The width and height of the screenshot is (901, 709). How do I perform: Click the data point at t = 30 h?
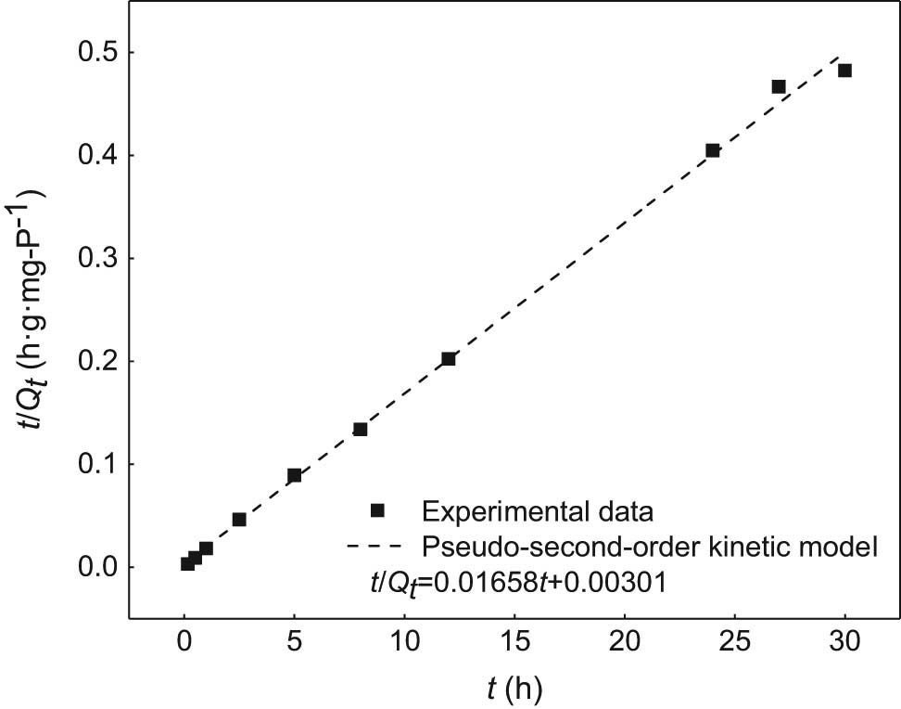844,71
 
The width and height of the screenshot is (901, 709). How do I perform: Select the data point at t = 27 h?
779,86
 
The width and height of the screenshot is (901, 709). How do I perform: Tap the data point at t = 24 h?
713,150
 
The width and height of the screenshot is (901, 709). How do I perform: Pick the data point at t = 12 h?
449,359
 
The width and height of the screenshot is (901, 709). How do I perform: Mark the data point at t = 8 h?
361,429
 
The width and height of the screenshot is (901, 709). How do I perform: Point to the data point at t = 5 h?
295,475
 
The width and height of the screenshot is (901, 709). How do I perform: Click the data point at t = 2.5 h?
239,520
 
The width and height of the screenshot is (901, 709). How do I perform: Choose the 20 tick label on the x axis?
625,640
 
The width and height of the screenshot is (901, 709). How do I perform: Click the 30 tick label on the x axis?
844,640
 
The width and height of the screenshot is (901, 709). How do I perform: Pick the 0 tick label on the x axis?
184,640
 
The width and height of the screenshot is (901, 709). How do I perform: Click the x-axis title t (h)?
514,688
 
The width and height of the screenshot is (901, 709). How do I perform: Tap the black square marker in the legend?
377,509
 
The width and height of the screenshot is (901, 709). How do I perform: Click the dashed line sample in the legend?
377,546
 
